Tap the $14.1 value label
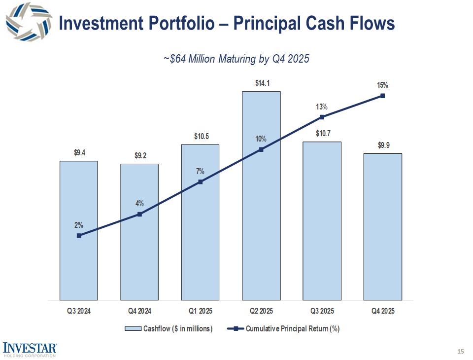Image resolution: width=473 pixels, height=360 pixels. click(x=262, y=83)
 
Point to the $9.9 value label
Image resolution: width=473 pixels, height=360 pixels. click(x=383, y=145)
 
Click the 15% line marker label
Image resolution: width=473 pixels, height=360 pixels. click(x=382, y=85)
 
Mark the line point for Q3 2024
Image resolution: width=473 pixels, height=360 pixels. click(x=79, y=236)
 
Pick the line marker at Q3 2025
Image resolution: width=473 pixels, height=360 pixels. click(x=322, y=117)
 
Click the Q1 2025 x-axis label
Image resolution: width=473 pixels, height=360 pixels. click(x=200, y=311)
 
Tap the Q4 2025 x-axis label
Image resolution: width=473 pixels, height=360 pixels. click(x=382, y=311)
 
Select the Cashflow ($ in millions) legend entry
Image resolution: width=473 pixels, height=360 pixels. click(x=169, y=329)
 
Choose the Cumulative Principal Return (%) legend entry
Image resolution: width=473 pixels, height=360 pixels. click(x=286, y=329)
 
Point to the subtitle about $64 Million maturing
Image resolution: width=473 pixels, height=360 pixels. click(x=236, y=59)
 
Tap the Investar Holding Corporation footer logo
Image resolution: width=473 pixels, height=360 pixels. click(x=30, y=348)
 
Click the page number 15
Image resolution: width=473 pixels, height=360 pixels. click(x=461, y=351)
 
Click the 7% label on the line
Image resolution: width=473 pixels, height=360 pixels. click(x=200, y=172)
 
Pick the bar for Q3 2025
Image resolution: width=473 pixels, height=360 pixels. click(x=322, y=222)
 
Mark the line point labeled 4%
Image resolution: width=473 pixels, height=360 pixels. click(x=139, y=214)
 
